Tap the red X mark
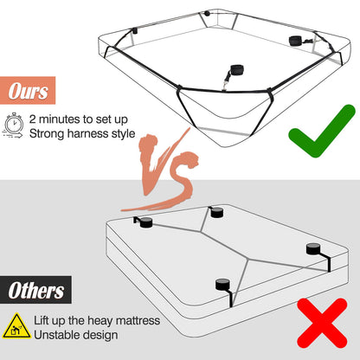click(x=322, y=323)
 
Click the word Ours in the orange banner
click(x=28, y=91)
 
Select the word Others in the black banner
click(x=35, y=290)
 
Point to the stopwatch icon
click(x=13, y=125)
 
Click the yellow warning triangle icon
click(x=16, y=326)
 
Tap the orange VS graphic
click(x=162, y=170)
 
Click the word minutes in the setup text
click(x=60, y=119)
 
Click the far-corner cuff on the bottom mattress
click(x=216, y=213)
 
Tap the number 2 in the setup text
click(x=32, y=119)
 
